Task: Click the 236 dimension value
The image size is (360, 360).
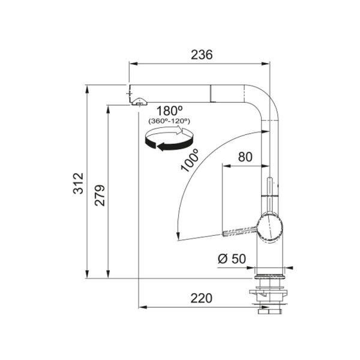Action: [202, 55]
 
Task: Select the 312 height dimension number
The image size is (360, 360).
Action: [78, 184]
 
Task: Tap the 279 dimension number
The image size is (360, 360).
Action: [100, 195]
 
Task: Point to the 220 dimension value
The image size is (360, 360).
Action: [202, 298]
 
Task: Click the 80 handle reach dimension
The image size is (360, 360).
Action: [245, 157]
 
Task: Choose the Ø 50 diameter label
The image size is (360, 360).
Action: [232, 259]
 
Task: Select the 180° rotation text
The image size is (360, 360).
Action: [169, 111]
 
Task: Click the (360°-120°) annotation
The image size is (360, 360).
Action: [169, 121]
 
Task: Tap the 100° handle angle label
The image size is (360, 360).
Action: [190, 160]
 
